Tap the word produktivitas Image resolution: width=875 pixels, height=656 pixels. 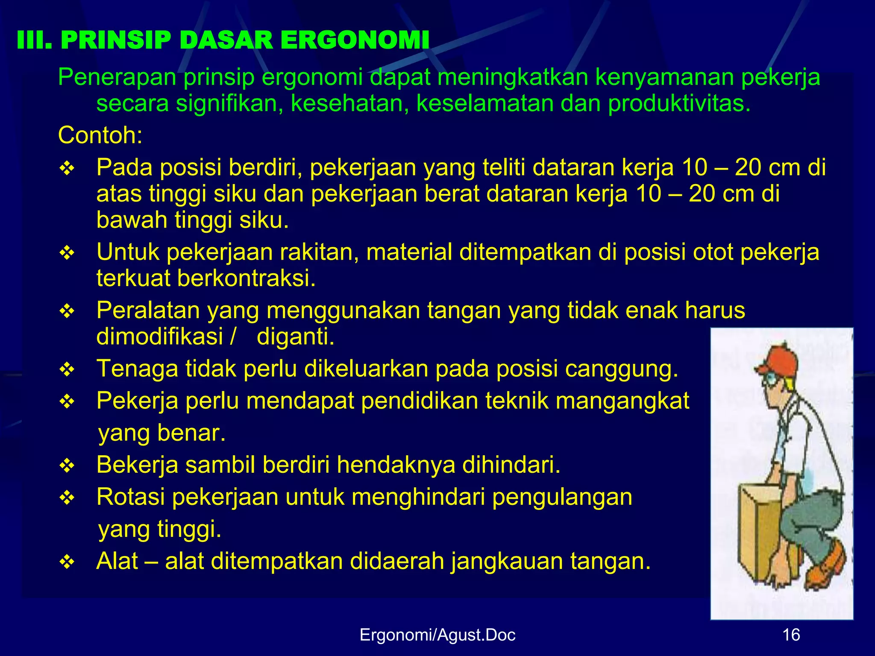click(679, 104)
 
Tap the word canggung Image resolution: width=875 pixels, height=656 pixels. click(621, 369)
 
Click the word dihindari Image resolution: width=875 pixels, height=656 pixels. click(511, 465)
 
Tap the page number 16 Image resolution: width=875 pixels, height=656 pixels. click(791, 635)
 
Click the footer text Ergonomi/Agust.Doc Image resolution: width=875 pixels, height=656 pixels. click(437, 635)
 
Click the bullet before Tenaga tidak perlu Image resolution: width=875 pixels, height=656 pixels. click(67, 369)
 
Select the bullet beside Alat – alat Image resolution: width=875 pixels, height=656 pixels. click(67, 562)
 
